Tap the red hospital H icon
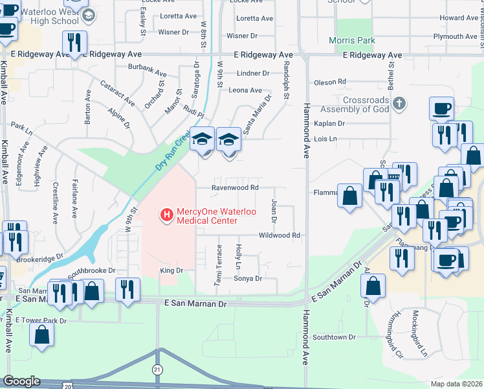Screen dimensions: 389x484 coord(166,214)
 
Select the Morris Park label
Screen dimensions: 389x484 coord(356,40)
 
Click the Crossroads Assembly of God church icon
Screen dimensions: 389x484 coord(400,102)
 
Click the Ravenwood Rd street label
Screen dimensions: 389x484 coord(237,188)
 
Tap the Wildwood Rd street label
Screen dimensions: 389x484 coord(280,235)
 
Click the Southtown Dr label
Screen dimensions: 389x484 coord(335,337)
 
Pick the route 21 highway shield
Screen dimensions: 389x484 coord(157,369)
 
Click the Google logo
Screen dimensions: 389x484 coord(21,381)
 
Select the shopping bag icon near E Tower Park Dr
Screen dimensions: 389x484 coord(42,335)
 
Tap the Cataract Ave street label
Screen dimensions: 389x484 coord(117,93)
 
